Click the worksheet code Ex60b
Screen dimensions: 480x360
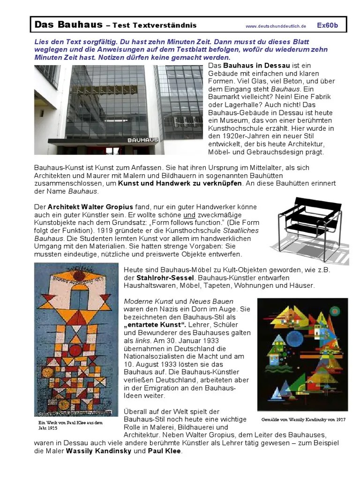pos(328,25)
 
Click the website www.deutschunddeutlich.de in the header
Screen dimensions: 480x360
pos(275,26)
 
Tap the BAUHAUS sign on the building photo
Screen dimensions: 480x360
pos(143,140)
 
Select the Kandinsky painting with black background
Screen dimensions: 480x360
pos(302,354)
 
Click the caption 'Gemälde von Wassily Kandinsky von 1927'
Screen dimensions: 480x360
pos(303,420)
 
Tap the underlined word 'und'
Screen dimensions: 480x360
pos(189,215)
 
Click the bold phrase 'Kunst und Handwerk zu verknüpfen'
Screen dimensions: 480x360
pos(180,183)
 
